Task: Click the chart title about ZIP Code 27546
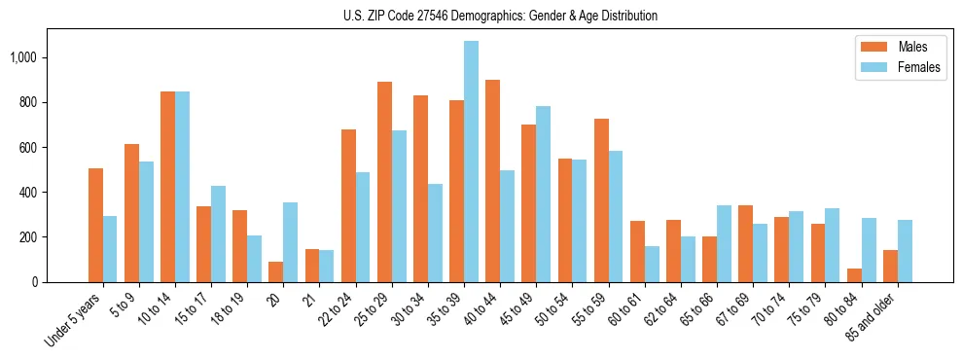[500, 16]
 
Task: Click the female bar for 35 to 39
[471, 162]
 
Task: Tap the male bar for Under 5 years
[95, 225]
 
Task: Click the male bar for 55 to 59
[601, 200]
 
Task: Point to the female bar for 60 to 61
[652, 264]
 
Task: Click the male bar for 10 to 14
[167, 187]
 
